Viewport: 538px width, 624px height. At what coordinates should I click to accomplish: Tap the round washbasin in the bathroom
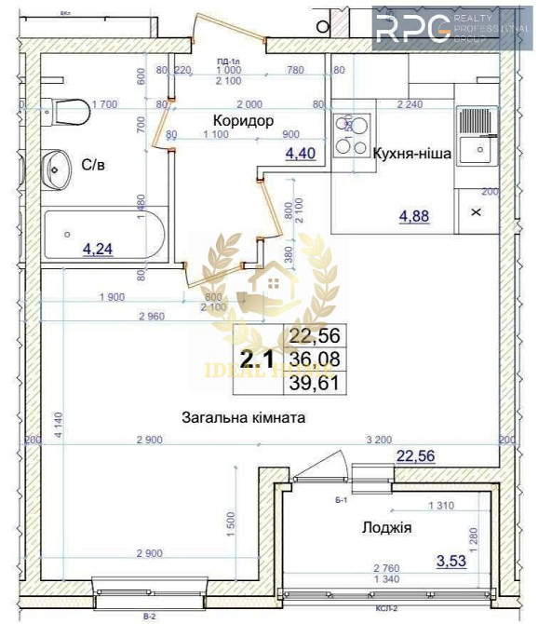click(57, 170)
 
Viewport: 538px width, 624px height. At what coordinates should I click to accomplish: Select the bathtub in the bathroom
click(103, 236)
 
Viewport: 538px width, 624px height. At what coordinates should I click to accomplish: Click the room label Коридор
click(242, 121)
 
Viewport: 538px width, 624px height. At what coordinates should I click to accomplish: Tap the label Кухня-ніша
click(412, 155)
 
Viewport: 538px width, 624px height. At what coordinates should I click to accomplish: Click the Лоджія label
click(386, 528)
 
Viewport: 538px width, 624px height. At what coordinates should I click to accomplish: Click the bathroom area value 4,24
click(100, 249)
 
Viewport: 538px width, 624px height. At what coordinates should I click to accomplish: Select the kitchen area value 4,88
click(415, 217)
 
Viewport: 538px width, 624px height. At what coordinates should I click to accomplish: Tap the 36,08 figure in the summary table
click(316, 359)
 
